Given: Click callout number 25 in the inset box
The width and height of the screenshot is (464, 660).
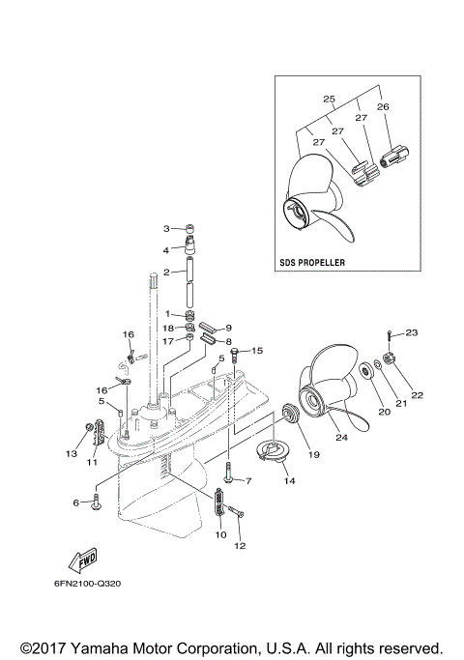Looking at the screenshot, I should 329,99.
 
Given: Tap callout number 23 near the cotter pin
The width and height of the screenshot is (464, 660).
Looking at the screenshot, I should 411,333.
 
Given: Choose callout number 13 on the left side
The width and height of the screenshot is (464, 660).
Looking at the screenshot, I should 70,452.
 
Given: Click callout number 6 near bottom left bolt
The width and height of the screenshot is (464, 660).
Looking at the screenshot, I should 74,502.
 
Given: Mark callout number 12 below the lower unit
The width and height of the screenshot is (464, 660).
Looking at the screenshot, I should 240,545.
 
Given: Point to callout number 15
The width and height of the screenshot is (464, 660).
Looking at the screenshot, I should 256,351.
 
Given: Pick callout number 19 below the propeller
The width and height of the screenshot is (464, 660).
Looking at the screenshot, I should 312,453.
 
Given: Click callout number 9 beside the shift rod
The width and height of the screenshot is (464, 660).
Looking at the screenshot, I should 228,328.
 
